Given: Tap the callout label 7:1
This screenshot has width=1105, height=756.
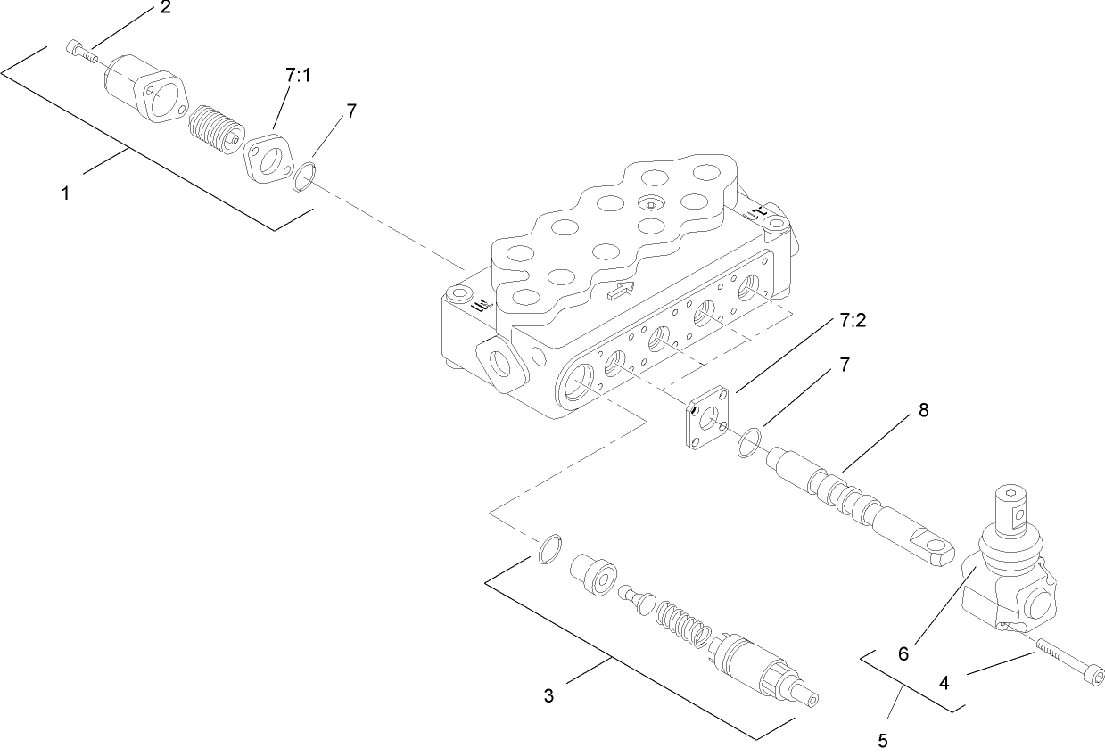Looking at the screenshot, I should click(x=299, y=78).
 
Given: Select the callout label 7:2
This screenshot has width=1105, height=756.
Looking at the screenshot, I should click(x=852, y=320).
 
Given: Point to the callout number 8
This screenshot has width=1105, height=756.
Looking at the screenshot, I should click(x=923, y=411).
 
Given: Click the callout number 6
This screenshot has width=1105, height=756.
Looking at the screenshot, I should click(x=903, y=653).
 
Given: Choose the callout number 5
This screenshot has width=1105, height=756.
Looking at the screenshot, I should click(x=883, y=739).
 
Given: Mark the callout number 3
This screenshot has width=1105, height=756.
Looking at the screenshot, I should click(x=548, y=694).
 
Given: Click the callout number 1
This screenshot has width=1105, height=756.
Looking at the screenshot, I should click(x=66, y=193).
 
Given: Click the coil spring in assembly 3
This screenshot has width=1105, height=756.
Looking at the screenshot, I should click(x=683, y=622).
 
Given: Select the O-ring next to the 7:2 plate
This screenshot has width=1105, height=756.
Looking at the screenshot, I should click(x=750, y=442).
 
